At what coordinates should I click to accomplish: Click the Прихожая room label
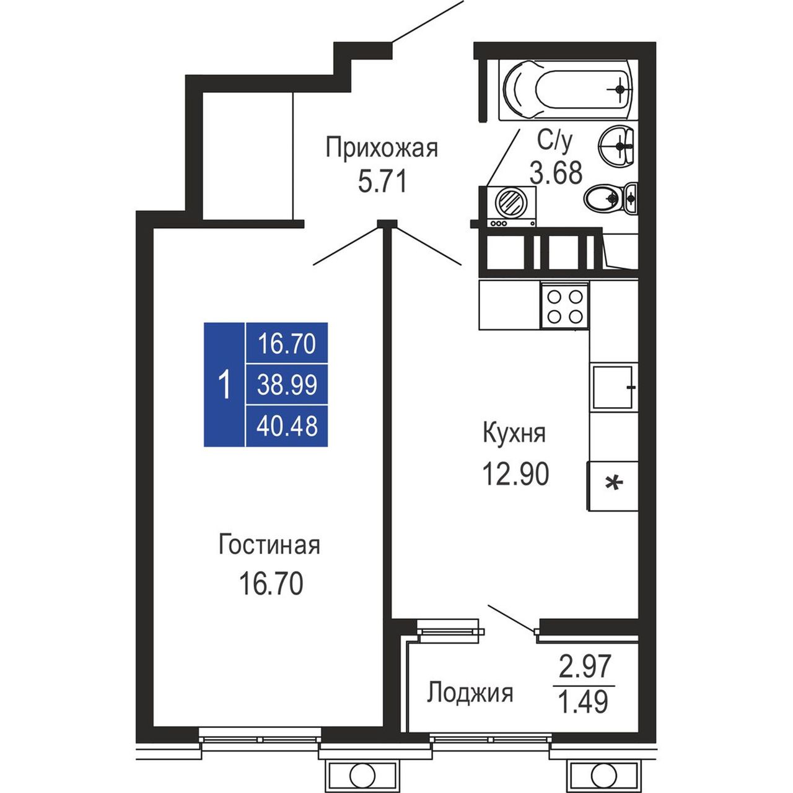click(x=382, y=149)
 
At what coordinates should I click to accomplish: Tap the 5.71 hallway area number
click(x=382, y=182)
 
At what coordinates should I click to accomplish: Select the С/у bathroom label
click(x=554, y=141)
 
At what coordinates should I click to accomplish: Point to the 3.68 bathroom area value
click(x=556, y=172)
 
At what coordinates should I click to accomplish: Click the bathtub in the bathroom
click(x=568, y=89)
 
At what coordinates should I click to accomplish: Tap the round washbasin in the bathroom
click(x=616, y=145)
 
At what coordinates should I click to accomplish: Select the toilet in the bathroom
click(x=611, y=198)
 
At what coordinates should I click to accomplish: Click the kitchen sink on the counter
click(x=613, y=387)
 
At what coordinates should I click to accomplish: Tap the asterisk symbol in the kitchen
click(x=614, y=483)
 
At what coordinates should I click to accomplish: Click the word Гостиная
click(x=269, y=545)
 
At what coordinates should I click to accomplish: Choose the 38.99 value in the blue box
click(x=287, y=385)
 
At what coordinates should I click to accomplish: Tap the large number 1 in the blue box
click(x=225, y=384)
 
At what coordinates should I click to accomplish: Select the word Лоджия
click(x=470, y=693)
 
